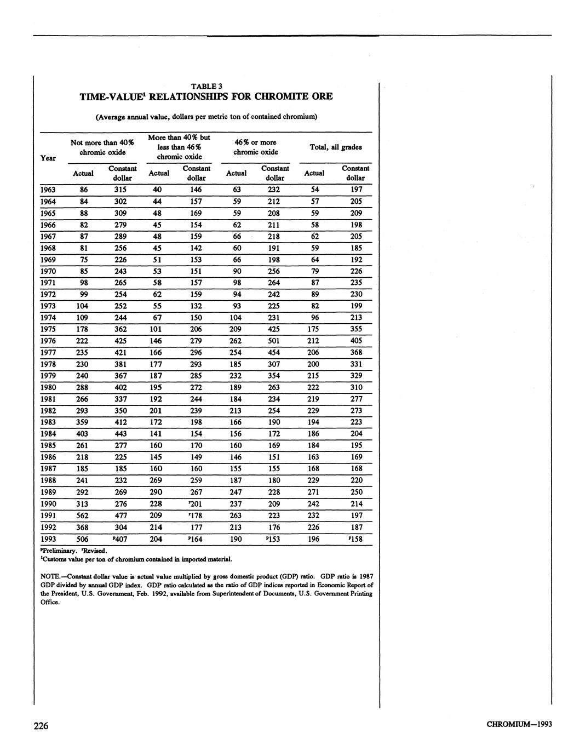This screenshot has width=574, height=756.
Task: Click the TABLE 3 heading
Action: pyautogui.click(x=206, y=86)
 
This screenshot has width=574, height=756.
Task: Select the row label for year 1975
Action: pyautogui.click(x=48, y=329)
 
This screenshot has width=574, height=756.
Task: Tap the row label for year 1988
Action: pyautogui.click(x=48, y=480)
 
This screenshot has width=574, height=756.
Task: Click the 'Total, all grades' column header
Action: pyautogui.click(x=335, y=147)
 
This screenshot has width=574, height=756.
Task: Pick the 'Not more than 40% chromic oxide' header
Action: pyautogui.click(x=102, y=147)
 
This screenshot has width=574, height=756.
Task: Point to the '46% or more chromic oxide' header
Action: pyautogui.click(x=255, y=147)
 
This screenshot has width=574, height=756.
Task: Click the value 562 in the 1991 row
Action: pyautogui.click(x=83, y=516)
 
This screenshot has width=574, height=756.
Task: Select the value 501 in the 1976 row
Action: pyautogui.click(x=274, y=341)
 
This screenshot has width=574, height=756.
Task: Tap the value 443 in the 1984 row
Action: pyautogui.click(x=121, y=434)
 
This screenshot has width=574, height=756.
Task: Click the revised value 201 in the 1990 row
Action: pyautogui.click(x=196, y=504)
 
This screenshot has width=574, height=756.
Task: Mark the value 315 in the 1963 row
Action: pyautogui.click(x=121, y=190)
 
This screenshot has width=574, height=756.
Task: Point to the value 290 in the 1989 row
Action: pyautogui.click(x=156, y=492)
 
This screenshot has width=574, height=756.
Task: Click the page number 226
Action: pyautogui.click(x=41, y=726)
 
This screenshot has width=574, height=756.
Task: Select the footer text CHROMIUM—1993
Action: pyautogui.click(x=519, y=724)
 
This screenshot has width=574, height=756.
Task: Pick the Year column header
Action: pyautogui.click(x=48, y=158)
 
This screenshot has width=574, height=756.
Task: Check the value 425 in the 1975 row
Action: pyautogui.click(x=274, y=329)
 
